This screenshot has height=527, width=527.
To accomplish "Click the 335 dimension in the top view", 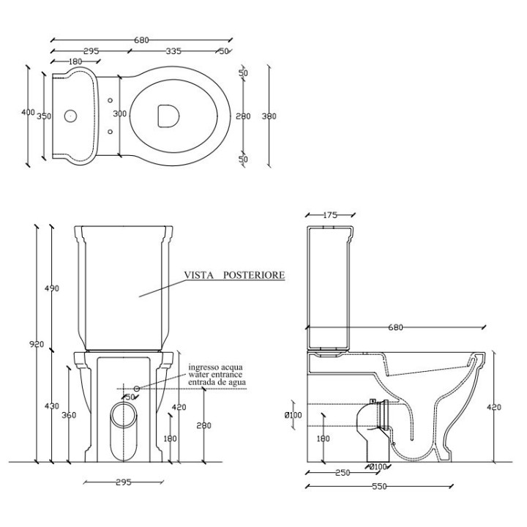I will point(173,51).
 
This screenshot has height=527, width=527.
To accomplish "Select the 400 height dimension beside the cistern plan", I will point(28,112).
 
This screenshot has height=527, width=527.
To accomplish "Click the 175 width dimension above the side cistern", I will point(330,214).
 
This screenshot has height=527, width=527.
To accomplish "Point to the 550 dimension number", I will point(378,487).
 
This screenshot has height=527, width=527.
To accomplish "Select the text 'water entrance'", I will point(217,374).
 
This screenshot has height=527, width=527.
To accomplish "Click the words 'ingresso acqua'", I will point(217,366).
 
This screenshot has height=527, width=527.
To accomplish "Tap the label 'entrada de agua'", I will point(217,382).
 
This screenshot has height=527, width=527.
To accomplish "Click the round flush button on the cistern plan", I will point(71,115).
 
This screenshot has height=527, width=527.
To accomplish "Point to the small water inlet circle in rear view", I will point(136,387).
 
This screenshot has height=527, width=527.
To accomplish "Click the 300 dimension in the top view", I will point(120,114).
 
